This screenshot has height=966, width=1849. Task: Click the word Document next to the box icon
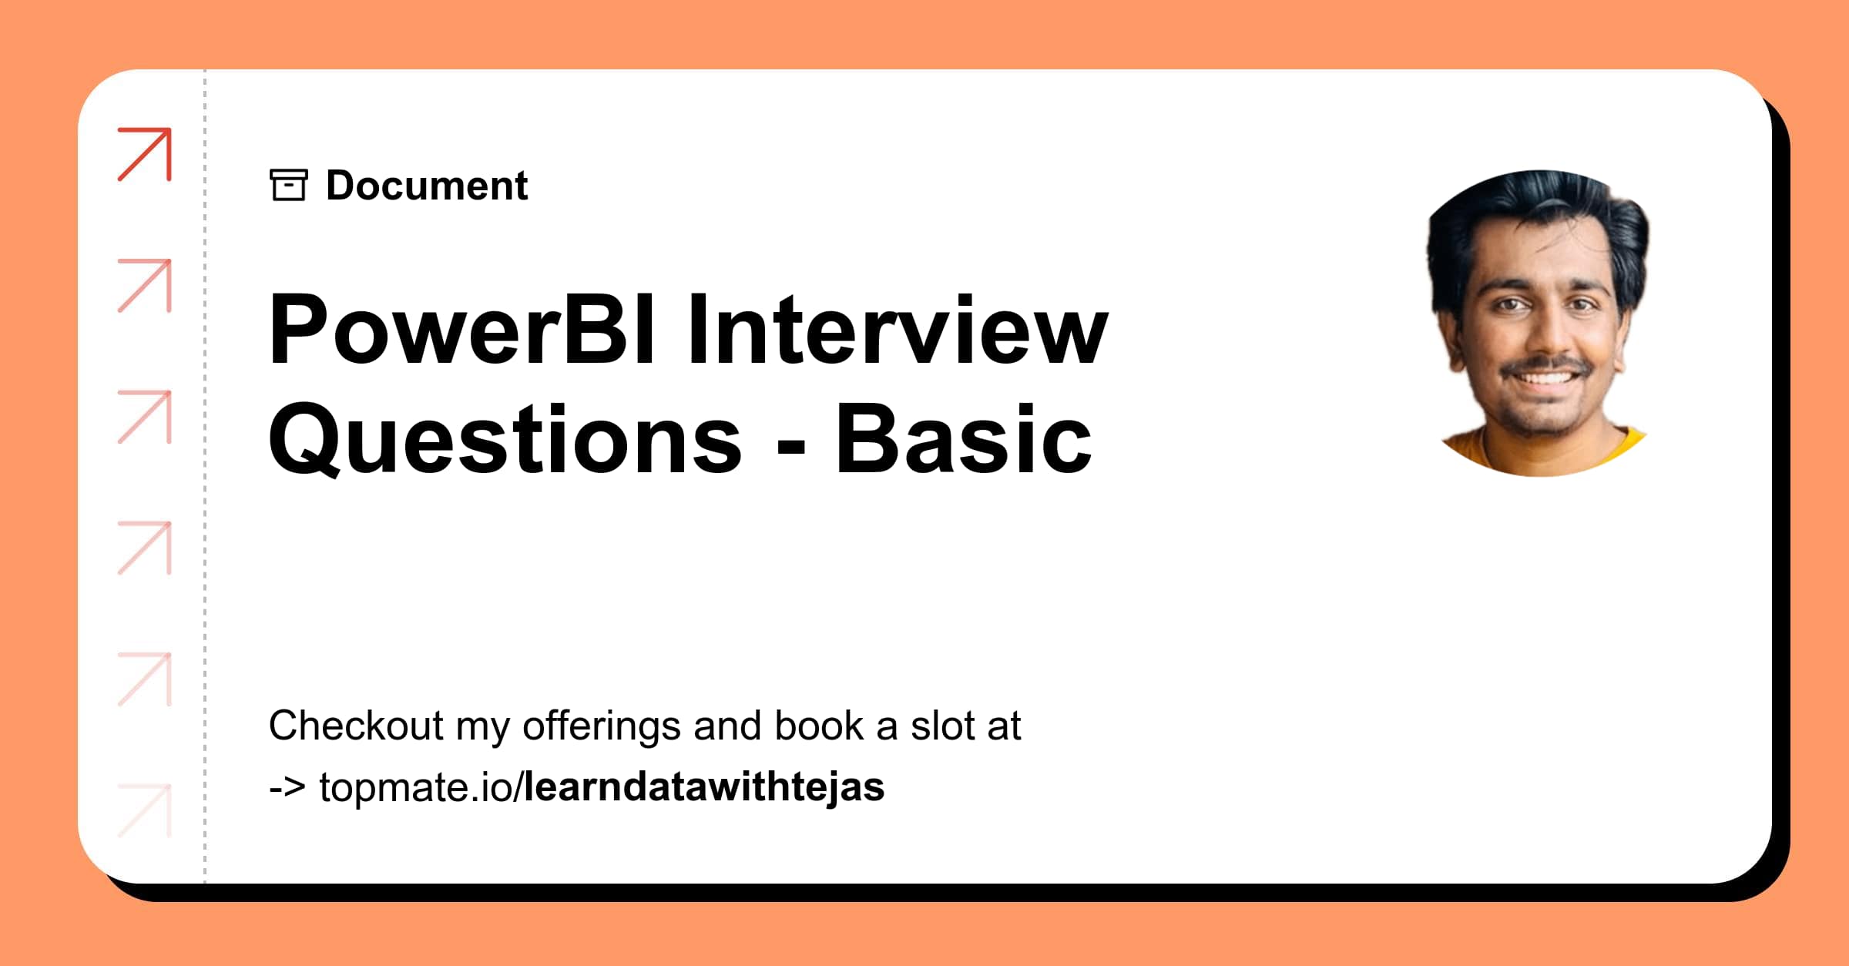click(427, 186)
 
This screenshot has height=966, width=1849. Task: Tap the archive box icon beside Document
click(289, 185)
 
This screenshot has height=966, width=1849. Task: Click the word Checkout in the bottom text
click(356, 726)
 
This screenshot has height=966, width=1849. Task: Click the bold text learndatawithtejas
click(703, 787)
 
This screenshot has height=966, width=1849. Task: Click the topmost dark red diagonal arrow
click(145, 154)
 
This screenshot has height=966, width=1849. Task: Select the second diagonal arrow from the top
click(145, 286)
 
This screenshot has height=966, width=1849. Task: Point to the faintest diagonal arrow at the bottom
click(145, 810)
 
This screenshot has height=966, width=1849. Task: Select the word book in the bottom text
click(818, 726)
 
